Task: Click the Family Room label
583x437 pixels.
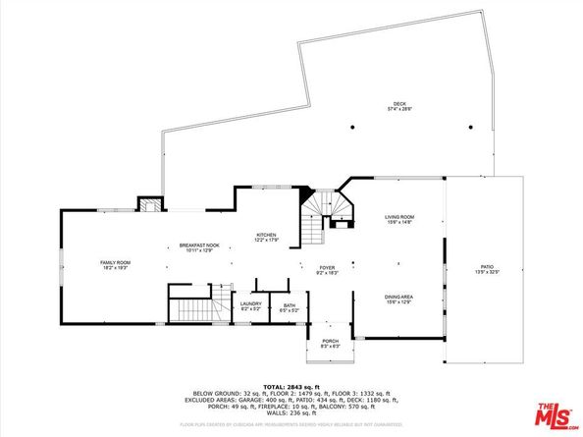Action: (116, 262)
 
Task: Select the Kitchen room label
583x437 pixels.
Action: (266, 235)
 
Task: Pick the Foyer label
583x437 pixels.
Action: (326, 267)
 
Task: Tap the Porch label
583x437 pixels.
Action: (331, 342)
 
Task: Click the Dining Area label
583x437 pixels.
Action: (398, 297)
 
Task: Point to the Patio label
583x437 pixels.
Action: (487, 266)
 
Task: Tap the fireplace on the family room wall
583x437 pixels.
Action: (147, 205)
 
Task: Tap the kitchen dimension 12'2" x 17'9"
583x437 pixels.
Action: (266, 241)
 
